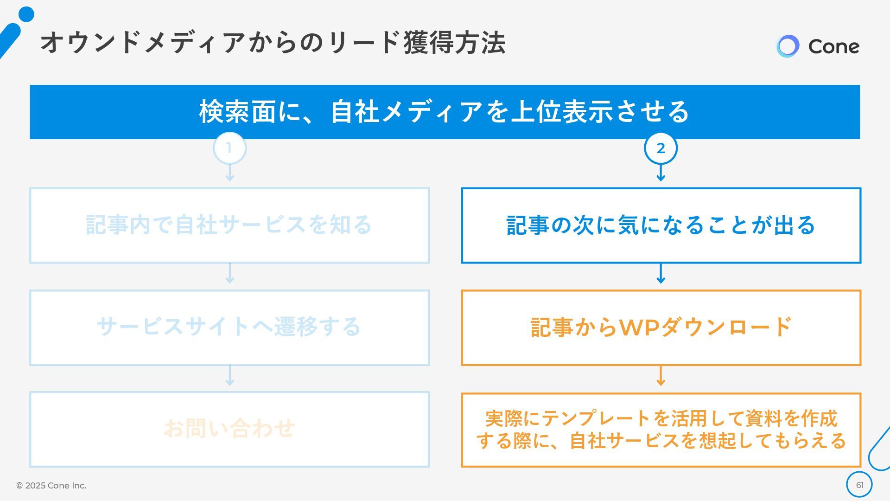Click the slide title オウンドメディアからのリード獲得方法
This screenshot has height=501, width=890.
coord(273,43)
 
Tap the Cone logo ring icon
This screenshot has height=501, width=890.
coord(788,46)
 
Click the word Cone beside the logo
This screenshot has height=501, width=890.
coord(833,46)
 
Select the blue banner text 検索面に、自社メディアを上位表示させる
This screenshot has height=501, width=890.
coord(444,112)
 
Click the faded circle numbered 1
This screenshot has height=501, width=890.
coord(229,148)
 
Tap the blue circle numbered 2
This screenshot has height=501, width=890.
coord(661,148)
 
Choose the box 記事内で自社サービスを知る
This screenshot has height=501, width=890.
coord(229,225)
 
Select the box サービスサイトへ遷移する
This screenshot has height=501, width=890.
coord(229,328)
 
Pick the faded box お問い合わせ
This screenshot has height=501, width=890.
coord(229,429)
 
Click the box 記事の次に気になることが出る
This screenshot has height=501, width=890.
coord(661,225)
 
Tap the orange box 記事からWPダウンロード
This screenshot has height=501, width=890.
coord(661,328)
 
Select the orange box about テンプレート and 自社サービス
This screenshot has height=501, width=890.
coord(661,430)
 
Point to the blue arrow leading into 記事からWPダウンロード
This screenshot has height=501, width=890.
coord(661,275)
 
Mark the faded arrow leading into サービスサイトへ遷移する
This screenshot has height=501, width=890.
coord(229,275)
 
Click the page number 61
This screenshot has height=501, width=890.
coord(859,485)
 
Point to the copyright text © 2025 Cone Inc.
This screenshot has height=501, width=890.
coord(51,485)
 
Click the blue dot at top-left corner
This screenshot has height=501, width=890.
coord(26,14)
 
